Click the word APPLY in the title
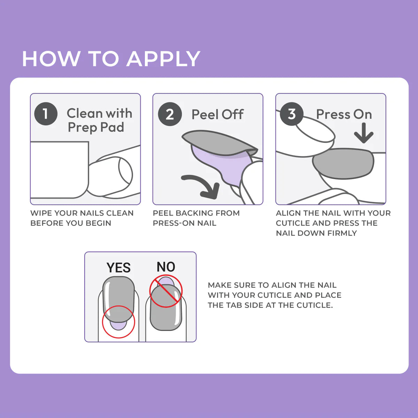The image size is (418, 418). pos(163,59)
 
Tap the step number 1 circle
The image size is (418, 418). pos(46,114)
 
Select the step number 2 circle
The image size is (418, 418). pos(170,114)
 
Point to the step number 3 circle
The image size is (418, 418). pos(292,114)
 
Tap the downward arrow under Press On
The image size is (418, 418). pos(364,133)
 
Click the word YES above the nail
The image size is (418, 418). pos(118,268)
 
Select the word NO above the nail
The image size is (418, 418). pos(166,267)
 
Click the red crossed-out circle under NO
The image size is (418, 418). pos(166,291)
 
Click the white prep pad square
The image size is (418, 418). pos(60,170)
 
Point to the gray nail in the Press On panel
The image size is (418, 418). pos(343,164)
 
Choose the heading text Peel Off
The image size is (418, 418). pos(218,114)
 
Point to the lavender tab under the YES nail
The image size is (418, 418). pos(118,326)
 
